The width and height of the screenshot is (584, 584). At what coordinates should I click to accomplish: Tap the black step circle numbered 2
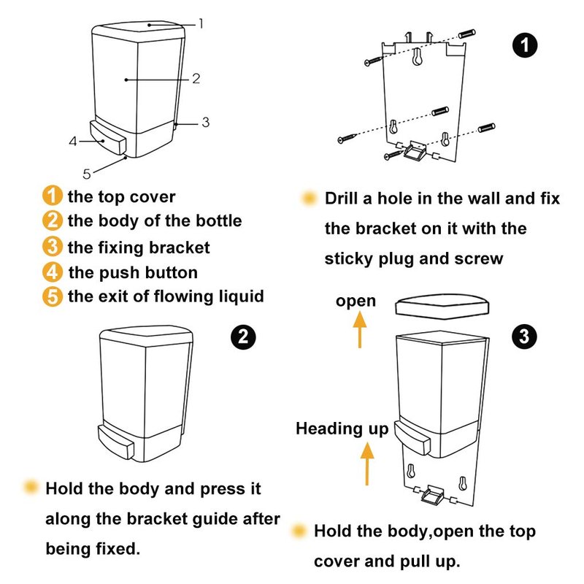click(x=243, y=337)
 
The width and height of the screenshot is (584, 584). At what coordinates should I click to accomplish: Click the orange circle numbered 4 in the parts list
click(x=52, y=273)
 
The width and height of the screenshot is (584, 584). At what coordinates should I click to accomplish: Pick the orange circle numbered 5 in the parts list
click(x=52, y=296)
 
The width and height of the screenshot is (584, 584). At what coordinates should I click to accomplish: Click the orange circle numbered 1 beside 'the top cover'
click(x=52, y=196)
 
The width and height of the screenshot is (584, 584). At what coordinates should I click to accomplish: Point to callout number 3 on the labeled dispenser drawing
click(x=205, y=122)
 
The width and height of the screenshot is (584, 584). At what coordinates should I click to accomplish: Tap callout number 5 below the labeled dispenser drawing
click(x=86, y=173)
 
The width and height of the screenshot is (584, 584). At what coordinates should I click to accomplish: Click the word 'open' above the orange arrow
click(x=356, y=301)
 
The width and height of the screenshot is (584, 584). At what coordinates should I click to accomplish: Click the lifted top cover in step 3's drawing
click(x=442, y=306)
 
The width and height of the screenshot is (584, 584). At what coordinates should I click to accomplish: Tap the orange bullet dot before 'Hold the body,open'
click(x=299, y=531)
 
